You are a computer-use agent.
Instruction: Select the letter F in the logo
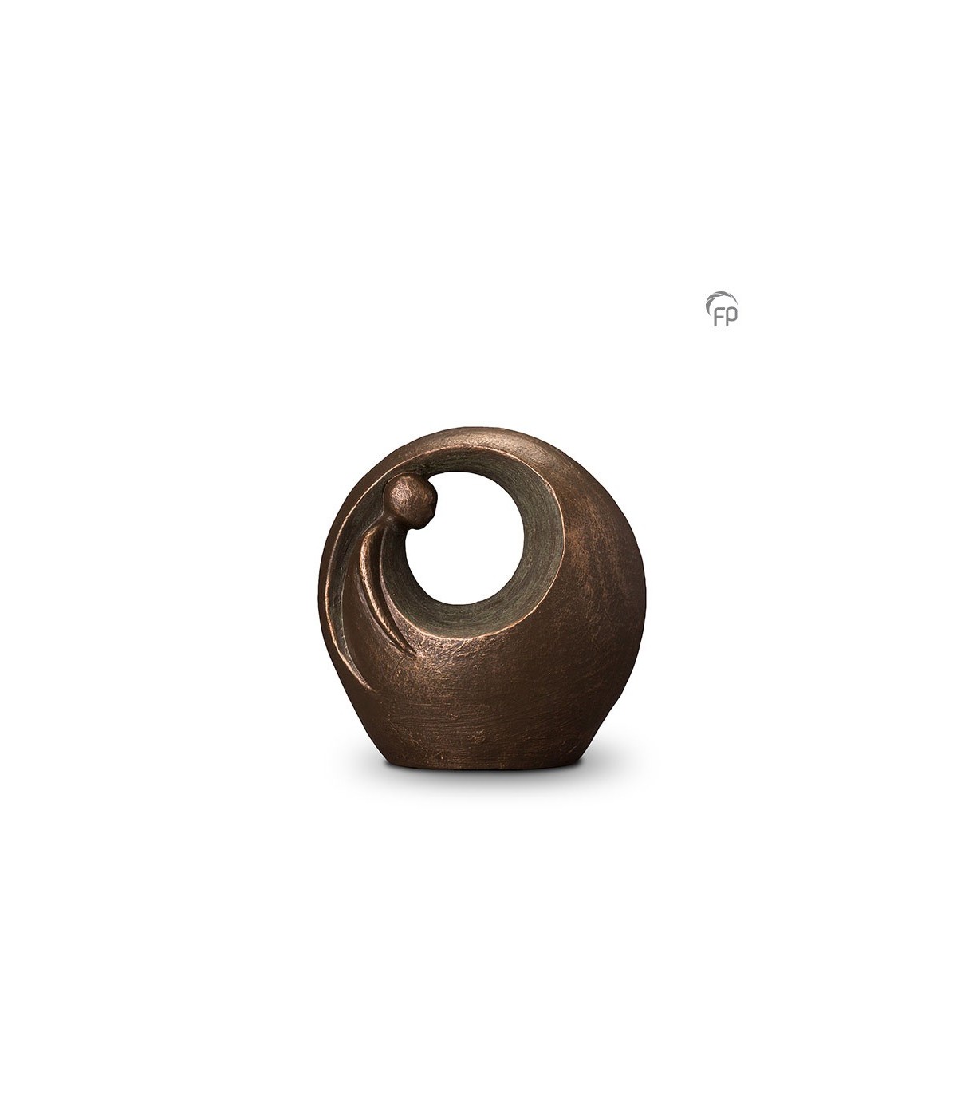pos(719,317)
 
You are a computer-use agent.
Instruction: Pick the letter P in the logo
pos(731,317)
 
